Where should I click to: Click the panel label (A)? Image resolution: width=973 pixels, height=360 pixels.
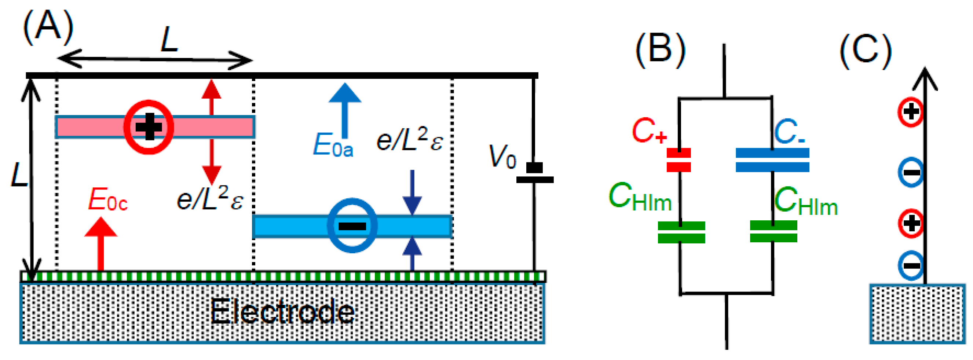(x=48, y=27)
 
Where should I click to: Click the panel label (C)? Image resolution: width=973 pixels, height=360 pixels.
(x=865, y=51)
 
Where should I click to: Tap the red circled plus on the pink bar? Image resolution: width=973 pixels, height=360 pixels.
(x=149, y=127)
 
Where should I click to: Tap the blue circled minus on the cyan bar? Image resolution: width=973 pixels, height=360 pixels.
(x=352, y=225)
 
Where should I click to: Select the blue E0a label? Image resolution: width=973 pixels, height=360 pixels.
(x=333, y=145)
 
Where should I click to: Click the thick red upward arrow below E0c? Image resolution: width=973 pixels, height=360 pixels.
(x=100, y=244)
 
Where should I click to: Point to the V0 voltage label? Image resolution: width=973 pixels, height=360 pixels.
(x=502, y=157)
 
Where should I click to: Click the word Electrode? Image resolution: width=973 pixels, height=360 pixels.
(x=282, y=312)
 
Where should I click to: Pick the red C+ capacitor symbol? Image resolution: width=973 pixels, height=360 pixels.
(x=678, y=160)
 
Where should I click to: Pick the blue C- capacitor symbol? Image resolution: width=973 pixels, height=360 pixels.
(x=772, y=160)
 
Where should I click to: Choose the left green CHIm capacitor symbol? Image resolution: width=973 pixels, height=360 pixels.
(x=681, y=232)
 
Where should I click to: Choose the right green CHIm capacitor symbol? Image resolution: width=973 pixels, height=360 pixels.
(x=773, y=231)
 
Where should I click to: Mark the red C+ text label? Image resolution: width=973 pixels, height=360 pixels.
(x=648, y=131)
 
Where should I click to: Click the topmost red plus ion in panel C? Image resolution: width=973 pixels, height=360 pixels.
(x=911, y=111)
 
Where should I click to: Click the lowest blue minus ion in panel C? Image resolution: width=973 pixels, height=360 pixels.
(x=911, y=265)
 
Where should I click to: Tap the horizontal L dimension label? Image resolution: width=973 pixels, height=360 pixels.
(x=169, y=39)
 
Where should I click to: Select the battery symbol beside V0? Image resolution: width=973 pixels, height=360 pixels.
(x=534, y=174)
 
